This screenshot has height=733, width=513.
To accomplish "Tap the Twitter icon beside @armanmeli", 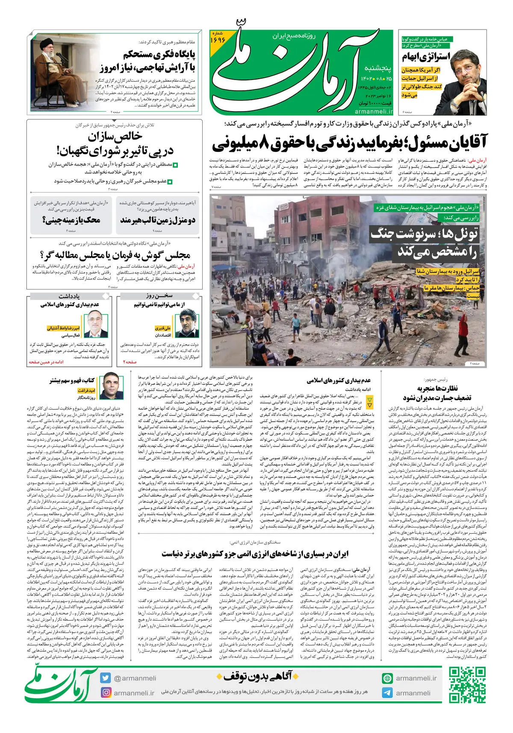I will (106, 678).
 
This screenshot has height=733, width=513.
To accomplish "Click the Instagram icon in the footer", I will (106, 692).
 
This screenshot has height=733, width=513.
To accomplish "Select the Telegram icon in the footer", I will (387, 693).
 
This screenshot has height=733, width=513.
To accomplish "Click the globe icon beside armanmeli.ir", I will (387, 678).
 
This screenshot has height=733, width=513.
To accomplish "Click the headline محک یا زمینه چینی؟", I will (71, 220).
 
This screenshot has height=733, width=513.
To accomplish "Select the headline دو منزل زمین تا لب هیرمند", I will (158, 220).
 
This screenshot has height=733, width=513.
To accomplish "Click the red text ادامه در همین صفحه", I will (46, 362).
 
